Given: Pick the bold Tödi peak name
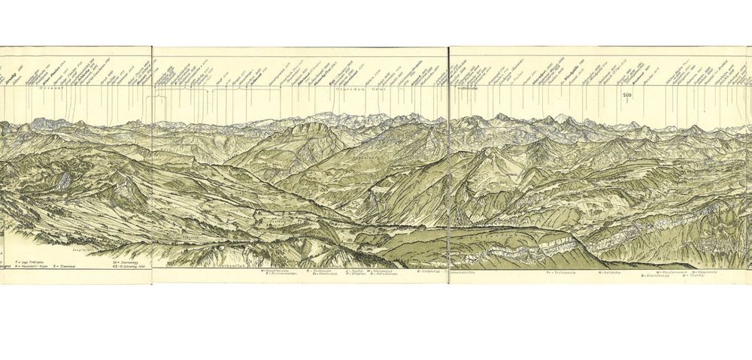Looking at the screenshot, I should (x=343, y=74).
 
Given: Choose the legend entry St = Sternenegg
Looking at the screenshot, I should (x=126, y=261).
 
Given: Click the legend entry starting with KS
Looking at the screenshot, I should (x=132, y=266).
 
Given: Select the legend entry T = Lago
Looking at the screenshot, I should (x=30, y=261).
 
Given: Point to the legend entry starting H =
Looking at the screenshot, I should (x=35, y=266).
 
